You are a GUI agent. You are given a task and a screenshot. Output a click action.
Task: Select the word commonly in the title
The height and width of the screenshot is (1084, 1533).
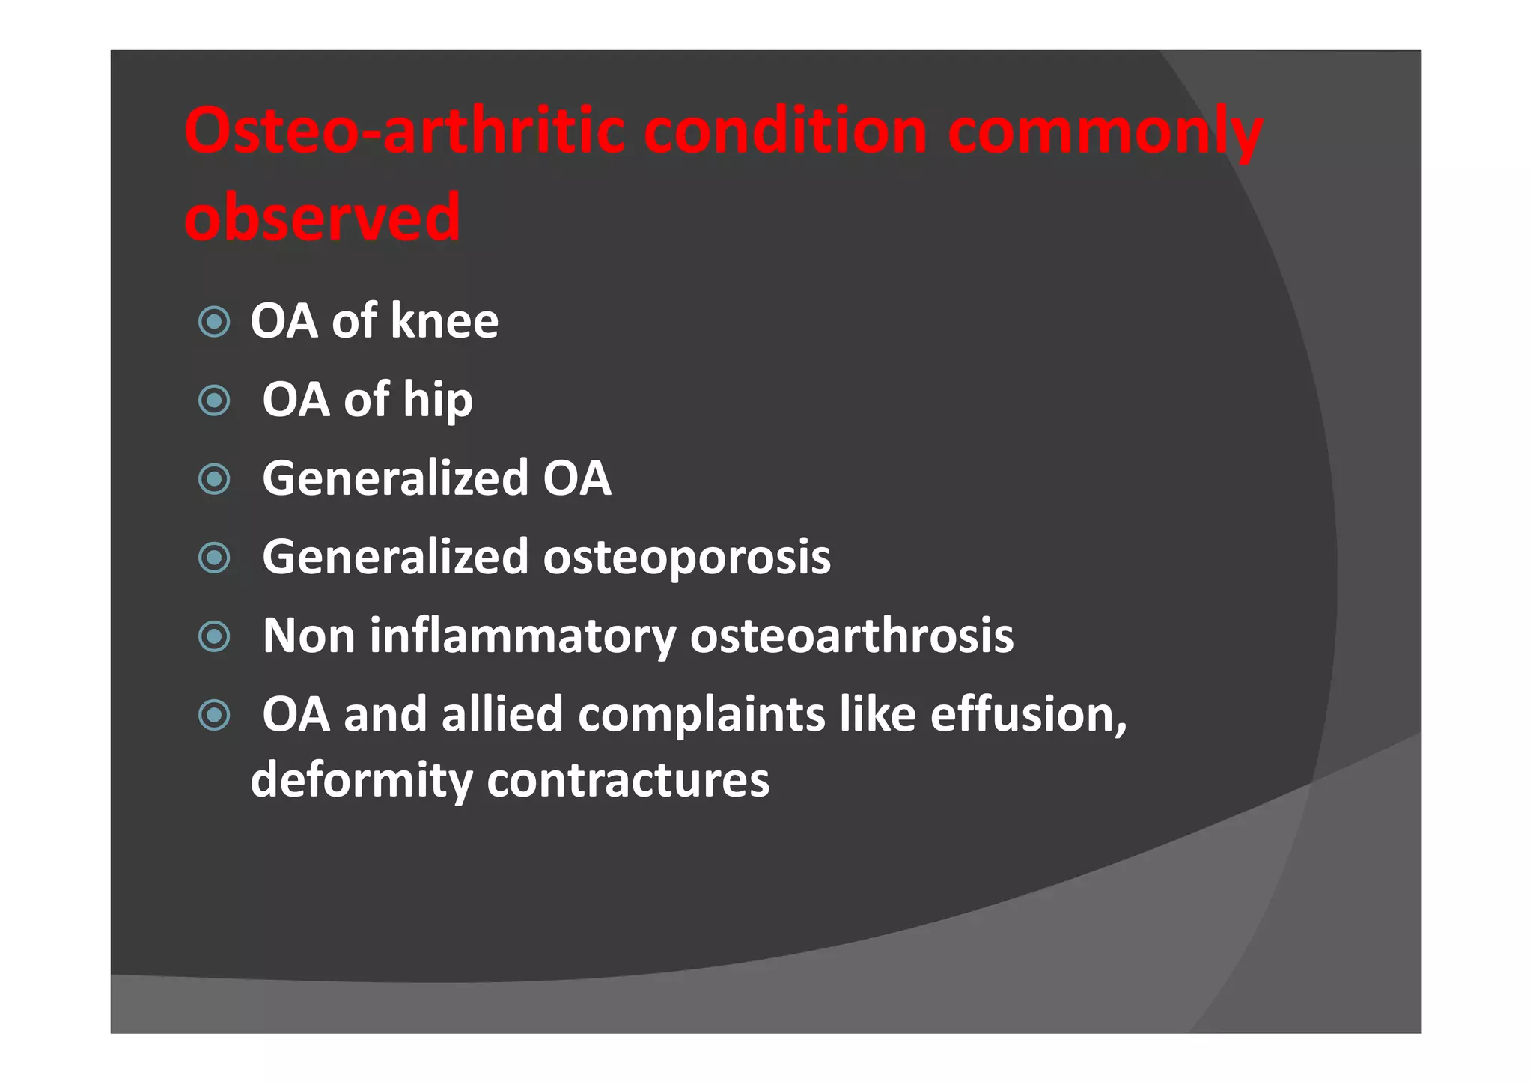1105,133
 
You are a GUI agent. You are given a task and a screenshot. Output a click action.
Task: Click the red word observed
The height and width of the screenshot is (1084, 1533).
322,218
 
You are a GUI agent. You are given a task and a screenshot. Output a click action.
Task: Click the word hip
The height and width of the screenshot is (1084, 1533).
437,401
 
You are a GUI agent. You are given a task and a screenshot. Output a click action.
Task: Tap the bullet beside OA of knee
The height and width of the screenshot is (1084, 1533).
214,322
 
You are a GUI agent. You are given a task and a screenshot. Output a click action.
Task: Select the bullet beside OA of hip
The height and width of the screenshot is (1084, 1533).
214,401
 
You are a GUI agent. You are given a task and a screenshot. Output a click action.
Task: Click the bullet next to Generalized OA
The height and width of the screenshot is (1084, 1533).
214,479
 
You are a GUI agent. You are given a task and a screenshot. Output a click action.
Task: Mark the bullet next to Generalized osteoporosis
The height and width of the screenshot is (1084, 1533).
214,558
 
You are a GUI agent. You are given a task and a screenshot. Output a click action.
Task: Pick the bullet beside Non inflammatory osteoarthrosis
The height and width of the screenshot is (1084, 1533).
214,636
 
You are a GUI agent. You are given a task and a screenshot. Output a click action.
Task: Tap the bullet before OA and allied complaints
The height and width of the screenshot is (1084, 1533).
214,715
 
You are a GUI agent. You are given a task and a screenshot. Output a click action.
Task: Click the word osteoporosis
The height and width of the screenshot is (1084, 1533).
686,558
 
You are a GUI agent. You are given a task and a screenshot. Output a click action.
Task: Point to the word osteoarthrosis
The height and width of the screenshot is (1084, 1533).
851,636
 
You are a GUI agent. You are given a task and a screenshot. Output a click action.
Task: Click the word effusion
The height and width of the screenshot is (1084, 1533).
1027,715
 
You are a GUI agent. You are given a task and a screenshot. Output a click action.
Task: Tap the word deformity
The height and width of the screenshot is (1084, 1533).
361,781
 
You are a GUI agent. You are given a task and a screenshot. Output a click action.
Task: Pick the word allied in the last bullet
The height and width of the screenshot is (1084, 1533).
502,715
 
